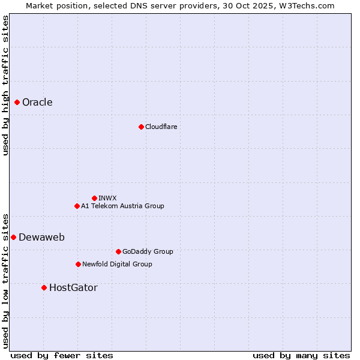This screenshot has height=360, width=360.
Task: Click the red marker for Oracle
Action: pyautogui.click(x=17, y=103)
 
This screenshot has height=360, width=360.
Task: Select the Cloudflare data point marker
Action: pyautogui.click(x=141, y=127)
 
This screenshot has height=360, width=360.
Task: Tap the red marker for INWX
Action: pyautogui.click(x=94, y=198)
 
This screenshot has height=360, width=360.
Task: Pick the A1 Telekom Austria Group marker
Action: pyautogui.click(x=77, y=206)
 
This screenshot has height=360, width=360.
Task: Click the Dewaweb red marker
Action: pyautogui.click(x=13, y=237)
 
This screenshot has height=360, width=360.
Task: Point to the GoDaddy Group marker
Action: pyautogui.click(x=118, y=251)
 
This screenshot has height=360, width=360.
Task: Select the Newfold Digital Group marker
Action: pyautogui.click(x=78, y=264)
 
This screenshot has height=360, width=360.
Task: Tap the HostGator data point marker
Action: pyautogui.click(x=44, y=287)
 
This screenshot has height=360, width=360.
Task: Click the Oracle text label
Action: pyautogui.click(x=37, y=103)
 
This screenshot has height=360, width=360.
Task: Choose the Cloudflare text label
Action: pyautogui.click(x=161, y=127)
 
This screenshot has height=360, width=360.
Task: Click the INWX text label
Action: pyautogui.click(x=107, y=198)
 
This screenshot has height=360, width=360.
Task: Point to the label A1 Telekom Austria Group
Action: pyautogui.click(x=122, y=206)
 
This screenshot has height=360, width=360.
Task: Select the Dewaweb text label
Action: pyautogui.click(x=41, y=237)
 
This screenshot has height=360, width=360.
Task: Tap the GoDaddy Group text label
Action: pyautogui.click(x=148, y=251)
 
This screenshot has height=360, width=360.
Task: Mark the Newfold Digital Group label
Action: pyautogui.click(x=117, y=264)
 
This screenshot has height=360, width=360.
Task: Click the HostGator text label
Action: pyautogui.click(x=73, y=287)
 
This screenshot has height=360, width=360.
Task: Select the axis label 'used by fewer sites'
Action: pyautogui.click(x=62, y=355)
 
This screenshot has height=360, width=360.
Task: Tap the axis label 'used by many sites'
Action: pyautogui.click(x=301, y=355)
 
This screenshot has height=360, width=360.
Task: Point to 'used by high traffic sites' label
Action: pyautogui.click(x=5, y=85)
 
